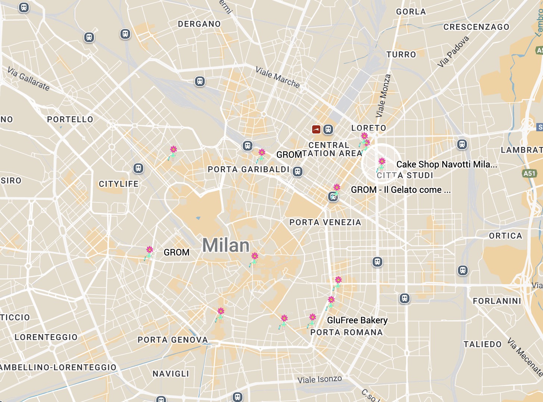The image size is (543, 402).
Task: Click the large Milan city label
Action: pyautogui.click(x=226, y=245)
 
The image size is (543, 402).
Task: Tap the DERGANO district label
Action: pyautogui.click(x=199, y=24)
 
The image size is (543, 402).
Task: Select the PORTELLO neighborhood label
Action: pyautogui.click(x=70, y=119)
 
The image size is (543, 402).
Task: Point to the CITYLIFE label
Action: pyautogui.click(x=119, y=184)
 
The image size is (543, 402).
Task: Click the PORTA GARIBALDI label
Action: pyautogui.click(x=249, y=169)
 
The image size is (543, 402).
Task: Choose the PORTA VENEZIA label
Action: pyautogui.click(x=325, y=222)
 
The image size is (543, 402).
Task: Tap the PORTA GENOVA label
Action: pyautogui.click(x=173, y=340)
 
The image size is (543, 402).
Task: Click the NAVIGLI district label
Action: pyautogui.click(x=171, y=374)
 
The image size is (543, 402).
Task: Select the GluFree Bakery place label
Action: pyautogui.click(x=357, y=320)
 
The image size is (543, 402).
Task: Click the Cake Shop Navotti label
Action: pyautogui.click(x=446, y=164)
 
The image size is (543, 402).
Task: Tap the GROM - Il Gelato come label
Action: pyautogui.click(x=401, y=190)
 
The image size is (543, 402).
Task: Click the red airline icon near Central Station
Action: pyautogui.click(x=316, y=129)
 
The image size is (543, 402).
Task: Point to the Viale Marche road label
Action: pyautogui.click(x=278, y=77)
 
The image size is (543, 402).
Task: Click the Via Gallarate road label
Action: pyautogui.click(x=28, y=79)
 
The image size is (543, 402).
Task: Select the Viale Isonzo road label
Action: pyautogui.click(x=320, y=380)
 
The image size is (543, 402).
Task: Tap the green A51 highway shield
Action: pyautogui.click(x=530, y=173)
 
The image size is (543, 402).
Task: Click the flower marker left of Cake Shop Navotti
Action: pyautogui.click(x=382, y=162)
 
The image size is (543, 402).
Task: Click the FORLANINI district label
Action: pyautogui.click(x=497, y=301)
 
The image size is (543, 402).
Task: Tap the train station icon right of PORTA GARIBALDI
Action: pyautogui.click(x=297, y=172)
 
